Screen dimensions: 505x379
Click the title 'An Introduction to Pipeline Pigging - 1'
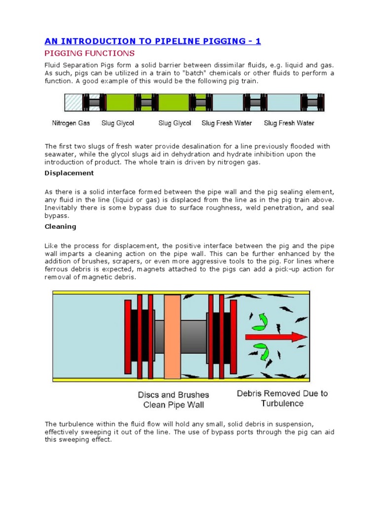coord(153,41)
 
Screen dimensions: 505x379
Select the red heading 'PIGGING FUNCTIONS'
coord(90,53)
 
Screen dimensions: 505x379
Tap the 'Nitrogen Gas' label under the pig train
coord(71,123)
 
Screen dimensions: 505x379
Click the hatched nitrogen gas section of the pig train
coord(73,103)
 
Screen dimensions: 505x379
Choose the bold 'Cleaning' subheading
coord(60,227)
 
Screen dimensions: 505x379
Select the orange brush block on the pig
coord(172,336)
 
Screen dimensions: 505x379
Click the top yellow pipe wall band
coord(181,292)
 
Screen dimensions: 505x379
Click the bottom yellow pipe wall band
coord(181,380)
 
